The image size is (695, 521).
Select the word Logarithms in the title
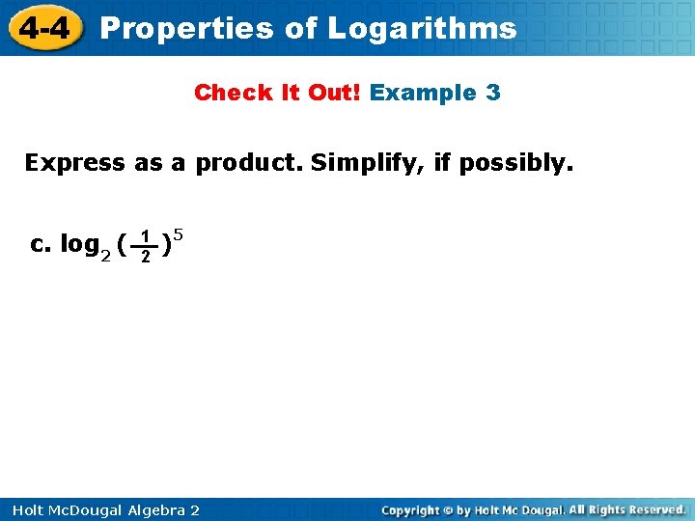422,29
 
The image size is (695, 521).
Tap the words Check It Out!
278,94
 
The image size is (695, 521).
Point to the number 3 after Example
493,94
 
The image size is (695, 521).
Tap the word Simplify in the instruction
368,162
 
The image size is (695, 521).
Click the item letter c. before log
41,245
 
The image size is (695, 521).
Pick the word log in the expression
79,245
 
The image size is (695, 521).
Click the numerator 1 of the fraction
144,236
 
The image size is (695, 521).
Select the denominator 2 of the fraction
144,257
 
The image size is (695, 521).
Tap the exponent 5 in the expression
179,233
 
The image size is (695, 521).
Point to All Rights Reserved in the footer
626,509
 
